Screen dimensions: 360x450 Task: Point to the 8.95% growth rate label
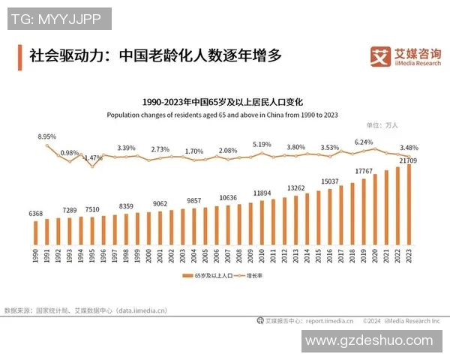[47, 137]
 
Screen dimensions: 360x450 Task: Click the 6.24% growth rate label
[364, 142]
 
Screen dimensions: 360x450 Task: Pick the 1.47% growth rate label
[92, 158]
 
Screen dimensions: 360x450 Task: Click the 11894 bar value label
[262, 193]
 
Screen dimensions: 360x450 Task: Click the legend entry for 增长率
[253, 277]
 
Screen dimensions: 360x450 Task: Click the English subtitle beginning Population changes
[222, 115]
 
